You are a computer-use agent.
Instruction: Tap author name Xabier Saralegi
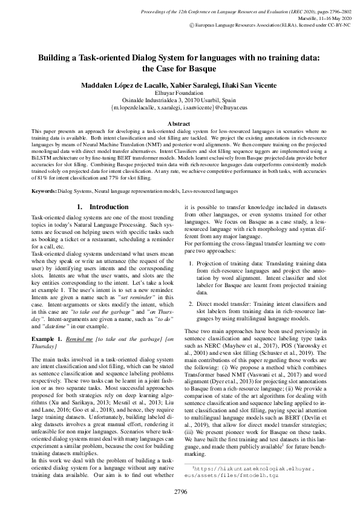coord(190,86)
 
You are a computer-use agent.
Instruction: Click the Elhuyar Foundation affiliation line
coord(179,94)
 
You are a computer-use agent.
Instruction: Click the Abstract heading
coord(179,123)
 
